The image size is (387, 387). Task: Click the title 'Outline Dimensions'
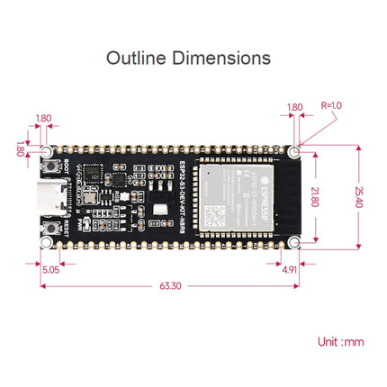pos(188,58)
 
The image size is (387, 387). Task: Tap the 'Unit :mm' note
pos(341,343)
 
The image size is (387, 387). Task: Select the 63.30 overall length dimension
pos(169,287)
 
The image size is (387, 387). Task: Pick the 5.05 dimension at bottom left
pos(50,268)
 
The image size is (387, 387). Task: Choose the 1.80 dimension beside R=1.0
pos(294,107)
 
